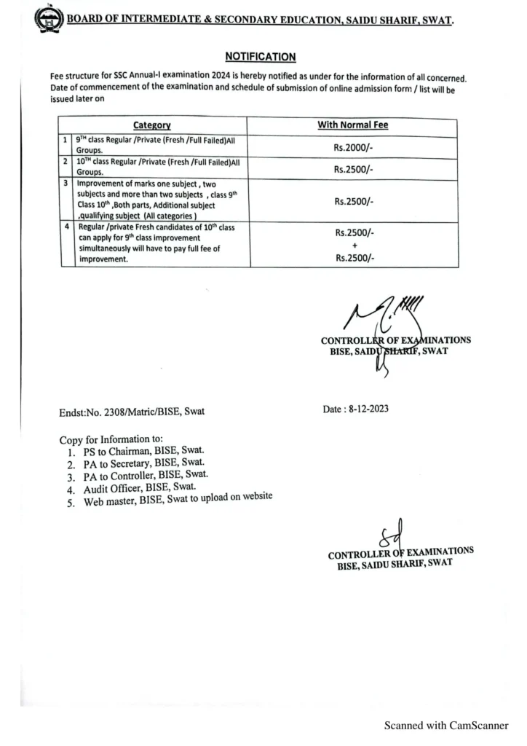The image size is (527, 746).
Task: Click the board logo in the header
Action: point(49,19)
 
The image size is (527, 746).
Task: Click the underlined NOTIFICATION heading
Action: point(260,56)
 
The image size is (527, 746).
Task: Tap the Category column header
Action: point(152,125)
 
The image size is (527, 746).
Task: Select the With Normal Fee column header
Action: point(352,125)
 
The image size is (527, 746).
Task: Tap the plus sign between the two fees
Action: point(353,245)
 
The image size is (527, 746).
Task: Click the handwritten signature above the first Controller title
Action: point(379,313)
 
